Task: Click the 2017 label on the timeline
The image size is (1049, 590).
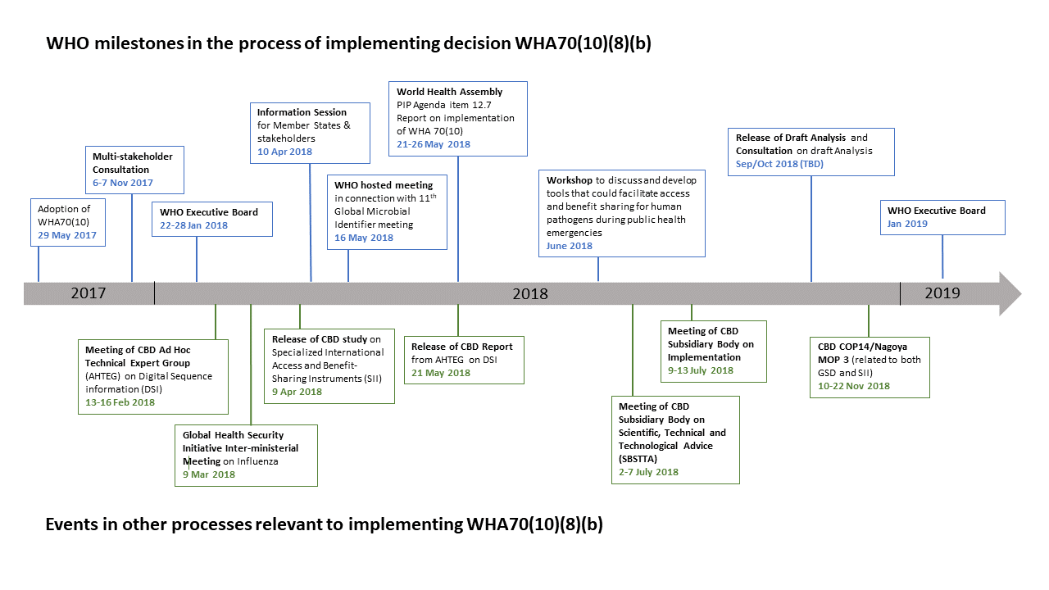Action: [89, 293]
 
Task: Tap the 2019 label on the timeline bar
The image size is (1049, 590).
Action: [942, 293]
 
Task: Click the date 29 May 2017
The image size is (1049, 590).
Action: [67, 236]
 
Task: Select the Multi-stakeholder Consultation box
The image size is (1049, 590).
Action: [135, 170]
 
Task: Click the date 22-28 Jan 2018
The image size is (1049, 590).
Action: [194, 225]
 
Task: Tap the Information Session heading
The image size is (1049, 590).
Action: [302, 112]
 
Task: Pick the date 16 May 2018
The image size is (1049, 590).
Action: [364, 238]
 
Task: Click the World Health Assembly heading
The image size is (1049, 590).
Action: [450, 92]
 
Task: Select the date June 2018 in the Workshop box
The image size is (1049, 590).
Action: [570, 246]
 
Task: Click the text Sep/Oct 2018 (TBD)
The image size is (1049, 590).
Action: [779, 164]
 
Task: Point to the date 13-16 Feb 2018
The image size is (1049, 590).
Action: [120, 402]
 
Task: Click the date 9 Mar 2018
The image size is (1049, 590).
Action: [209, 474]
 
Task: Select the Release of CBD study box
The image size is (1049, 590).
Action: [329, 365]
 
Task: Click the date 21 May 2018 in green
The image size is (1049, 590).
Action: [441, 373]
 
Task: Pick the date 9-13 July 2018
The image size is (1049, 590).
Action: [701, 370]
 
